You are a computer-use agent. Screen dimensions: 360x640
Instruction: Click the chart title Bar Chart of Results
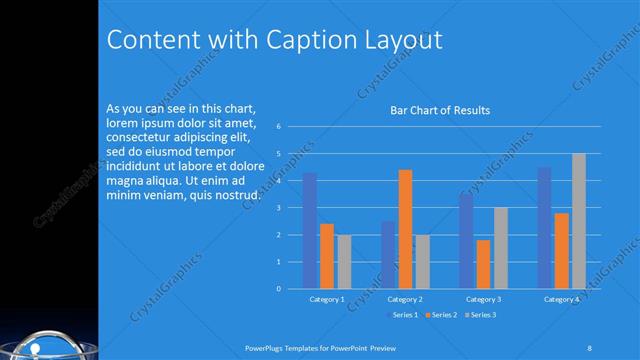point(439,110)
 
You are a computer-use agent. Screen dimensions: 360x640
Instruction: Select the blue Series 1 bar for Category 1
point(309,230)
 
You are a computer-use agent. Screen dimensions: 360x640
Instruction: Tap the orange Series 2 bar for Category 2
point(405,229)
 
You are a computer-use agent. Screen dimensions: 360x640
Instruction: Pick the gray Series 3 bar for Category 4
point(578,221)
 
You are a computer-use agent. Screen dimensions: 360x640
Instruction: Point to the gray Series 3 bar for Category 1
point(343,261)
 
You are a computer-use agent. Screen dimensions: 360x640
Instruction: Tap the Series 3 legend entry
point(483,315)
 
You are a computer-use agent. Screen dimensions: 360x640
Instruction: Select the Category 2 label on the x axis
point(405,299)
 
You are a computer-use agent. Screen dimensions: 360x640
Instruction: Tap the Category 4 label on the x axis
point(561,299)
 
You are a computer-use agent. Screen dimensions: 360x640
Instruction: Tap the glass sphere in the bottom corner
point(40,344)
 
